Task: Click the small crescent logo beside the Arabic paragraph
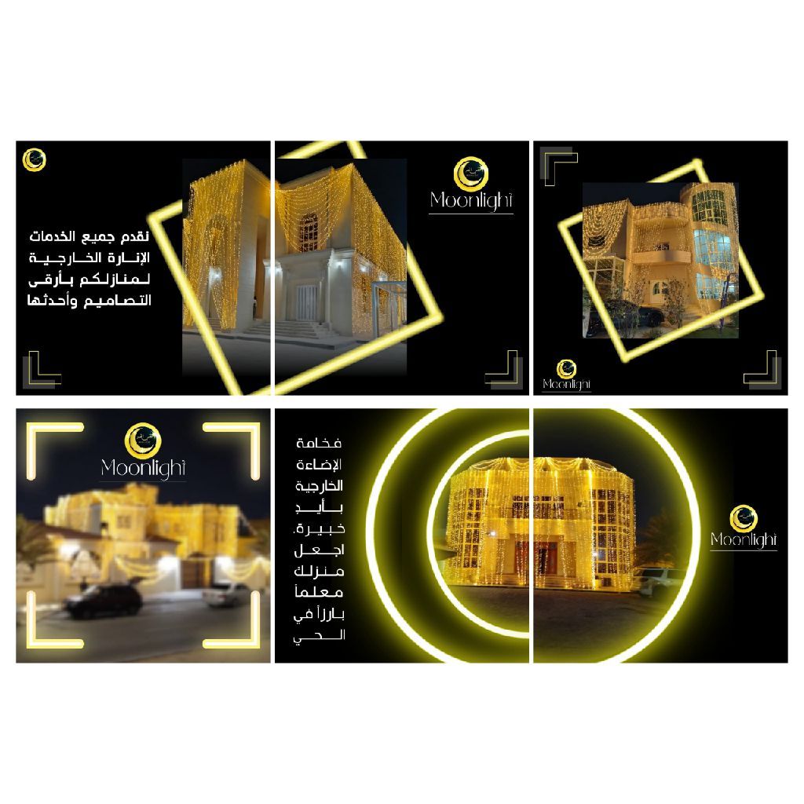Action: point(35,160)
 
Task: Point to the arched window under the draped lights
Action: point(308,232)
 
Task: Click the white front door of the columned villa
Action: point(307,302)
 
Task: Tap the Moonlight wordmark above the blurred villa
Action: point(143,469)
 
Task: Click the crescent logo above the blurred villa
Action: point(143,440)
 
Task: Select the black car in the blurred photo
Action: point(103,601)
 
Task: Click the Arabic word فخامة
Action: point(319,444)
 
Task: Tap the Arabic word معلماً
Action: point(319,592)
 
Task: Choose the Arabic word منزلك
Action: point(319,571)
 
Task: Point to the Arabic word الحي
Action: point(319,636)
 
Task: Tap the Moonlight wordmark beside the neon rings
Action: point(744,540)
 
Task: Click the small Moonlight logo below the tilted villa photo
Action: point(567,376)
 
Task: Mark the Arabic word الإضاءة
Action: point(319,465)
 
